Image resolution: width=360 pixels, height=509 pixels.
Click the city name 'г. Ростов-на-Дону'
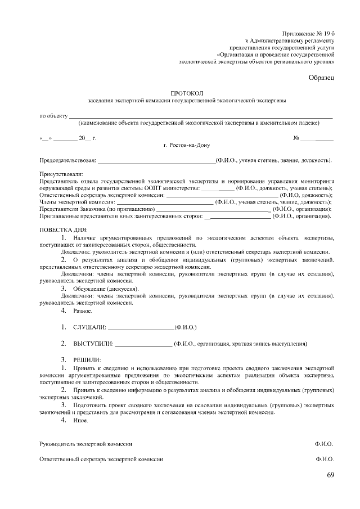point(186,145)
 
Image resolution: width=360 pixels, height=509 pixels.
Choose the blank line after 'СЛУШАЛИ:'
point(141,327)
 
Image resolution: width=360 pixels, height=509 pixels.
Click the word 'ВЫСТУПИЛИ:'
point(93,343)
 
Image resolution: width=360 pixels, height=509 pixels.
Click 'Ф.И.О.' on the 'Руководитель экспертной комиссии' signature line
point(325,444)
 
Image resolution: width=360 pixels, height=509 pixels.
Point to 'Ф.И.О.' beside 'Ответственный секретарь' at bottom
point(325,460)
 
